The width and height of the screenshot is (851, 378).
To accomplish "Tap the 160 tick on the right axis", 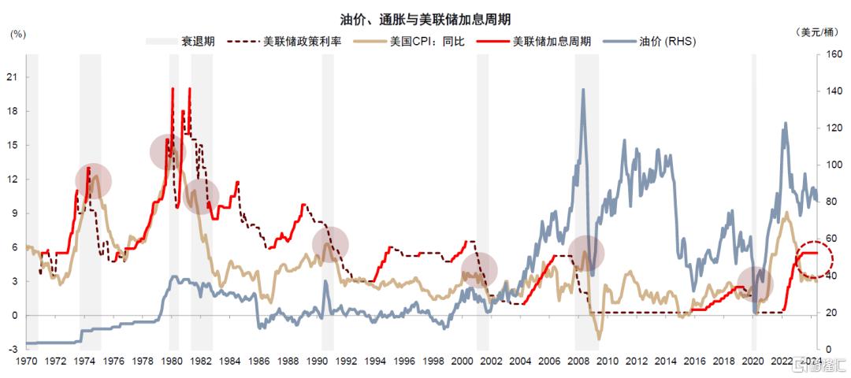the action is [834, 55].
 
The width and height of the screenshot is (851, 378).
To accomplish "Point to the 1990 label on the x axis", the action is [317, 361].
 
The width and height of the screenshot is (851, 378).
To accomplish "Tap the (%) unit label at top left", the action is [17, 34].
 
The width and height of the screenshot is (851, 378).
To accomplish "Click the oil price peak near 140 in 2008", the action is [583, 90].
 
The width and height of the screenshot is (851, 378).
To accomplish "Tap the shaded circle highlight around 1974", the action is [93, 180].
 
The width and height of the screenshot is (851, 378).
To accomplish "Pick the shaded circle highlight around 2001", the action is [479, 269].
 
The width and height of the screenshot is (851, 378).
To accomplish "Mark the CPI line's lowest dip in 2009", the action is [599, 339].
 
